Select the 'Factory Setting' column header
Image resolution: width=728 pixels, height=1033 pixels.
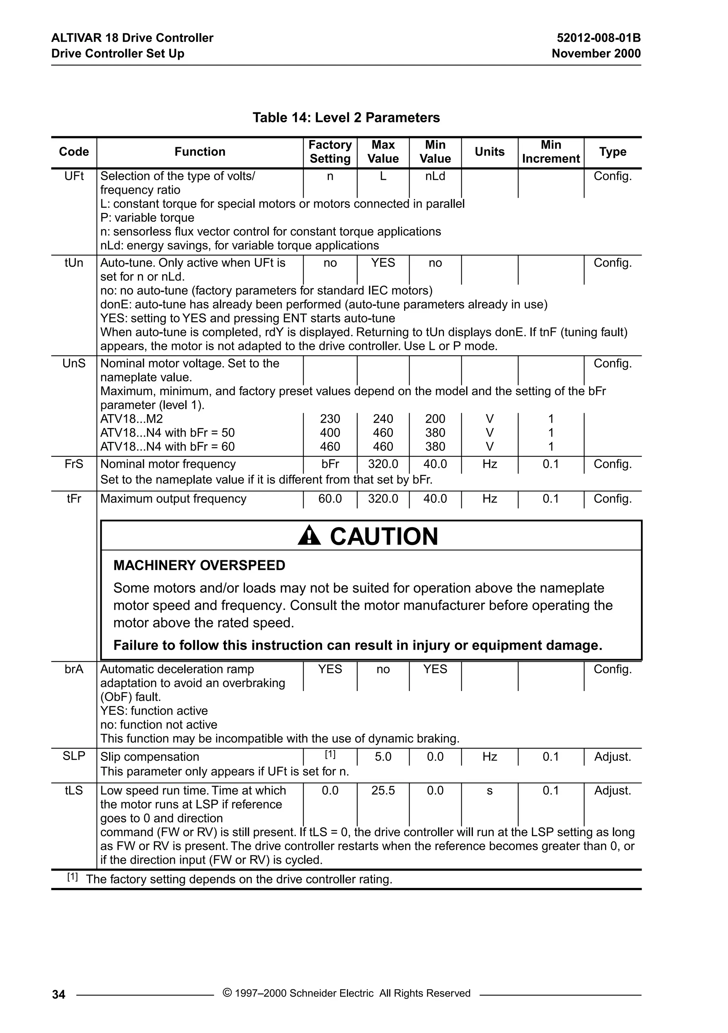[330, 152]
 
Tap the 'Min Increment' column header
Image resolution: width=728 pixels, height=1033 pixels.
[550, 152]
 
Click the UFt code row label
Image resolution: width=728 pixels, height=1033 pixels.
[74, 176]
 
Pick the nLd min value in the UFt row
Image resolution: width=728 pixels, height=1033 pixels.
[435, 176]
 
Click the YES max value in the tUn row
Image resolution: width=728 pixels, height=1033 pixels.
[382, 263]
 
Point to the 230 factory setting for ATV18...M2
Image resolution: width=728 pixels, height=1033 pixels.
[330, 419]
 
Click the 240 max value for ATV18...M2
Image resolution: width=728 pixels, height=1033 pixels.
[382, 419]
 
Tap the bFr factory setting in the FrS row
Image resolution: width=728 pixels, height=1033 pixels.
[330, 464]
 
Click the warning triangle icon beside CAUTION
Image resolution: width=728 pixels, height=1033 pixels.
[309, 536]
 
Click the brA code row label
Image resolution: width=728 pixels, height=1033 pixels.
[74, 669]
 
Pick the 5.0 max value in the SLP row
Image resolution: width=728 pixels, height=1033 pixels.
[382, 757]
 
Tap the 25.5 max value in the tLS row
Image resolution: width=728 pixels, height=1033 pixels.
[382, 791]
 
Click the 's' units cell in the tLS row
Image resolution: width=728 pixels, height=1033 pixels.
[489, 791]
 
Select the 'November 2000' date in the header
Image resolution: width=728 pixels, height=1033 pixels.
[596, 54]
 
